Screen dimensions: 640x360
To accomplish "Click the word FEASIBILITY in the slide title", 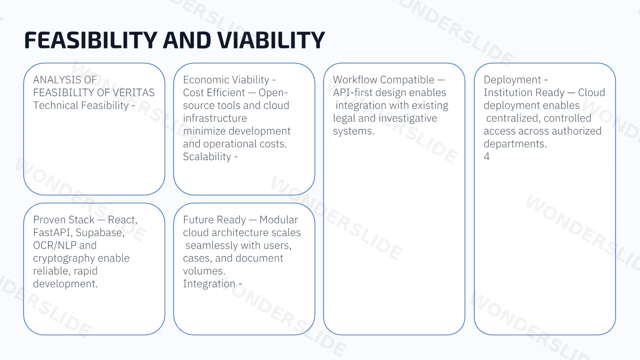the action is pos(91,40).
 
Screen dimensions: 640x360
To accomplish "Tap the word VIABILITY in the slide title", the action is pos(271,40).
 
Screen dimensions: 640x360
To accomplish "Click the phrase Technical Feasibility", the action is pos(81,105).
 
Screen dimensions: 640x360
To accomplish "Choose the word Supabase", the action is pos(100,233).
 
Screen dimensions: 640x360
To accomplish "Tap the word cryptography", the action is pos(63,258).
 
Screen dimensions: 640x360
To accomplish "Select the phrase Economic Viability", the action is pos(226,80).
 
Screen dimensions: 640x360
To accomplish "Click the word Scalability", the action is pos(207,156).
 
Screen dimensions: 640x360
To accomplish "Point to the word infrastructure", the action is pos(215,118).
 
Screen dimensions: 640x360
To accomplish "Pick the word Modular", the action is pos(278,219).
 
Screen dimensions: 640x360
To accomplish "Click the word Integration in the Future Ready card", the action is pos(209,284).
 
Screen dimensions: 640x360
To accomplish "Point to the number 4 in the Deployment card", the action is pos(486,156).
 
